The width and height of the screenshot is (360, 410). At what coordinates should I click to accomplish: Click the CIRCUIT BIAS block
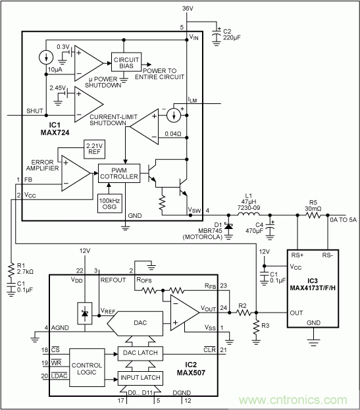[x=126, y=61]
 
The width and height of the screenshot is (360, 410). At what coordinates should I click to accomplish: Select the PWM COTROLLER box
[x=120, y=173]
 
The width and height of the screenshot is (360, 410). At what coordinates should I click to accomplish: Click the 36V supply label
[x=188, y=7]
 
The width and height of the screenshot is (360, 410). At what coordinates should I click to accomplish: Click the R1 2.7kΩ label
[x=25, y=270]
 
